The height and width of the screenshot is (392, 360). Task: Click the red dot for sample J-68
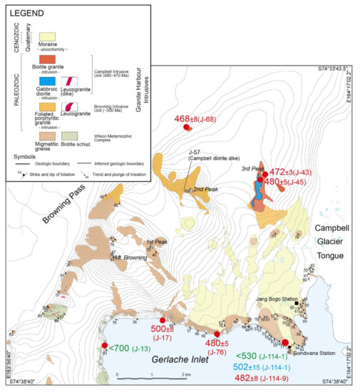(x=187, y=128)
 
